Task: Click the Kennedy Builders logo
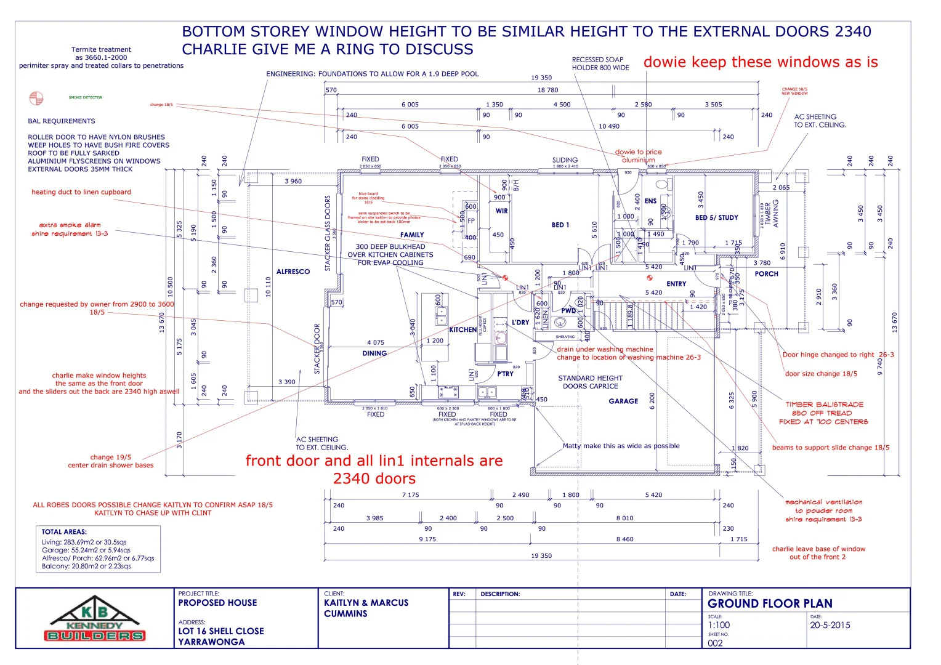[95, 619]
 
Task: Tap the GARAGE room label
[623, 401]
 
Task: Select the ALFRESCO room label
[293, 272]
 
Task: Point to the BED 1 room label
[560, 225]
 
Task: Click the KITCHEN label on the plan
[463, 329]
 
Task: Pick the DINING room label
[374, 353]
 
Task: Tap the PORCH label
[766, 274]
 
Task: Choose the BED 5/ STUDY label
[716, 217]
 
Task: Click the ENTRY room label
[676, 284]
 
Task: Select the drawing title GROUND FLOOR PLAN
[770, 603]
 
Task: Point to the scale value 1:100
[719, 625]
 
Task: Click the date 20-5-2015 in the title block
[830, 625]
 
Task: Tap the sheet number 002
[715, 643]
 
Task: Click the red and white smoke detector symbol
[36, 98]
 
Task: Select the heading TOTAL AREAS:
[64, 531]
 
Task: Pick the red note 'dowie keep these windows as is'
[761, 62]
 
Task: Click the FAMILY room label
[412, 235]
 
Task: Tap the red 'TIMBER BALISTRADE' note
[824, 405]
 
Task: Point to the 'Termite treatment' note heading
[101, 49]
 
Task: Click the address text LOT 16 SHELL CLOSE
[221, 631]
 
